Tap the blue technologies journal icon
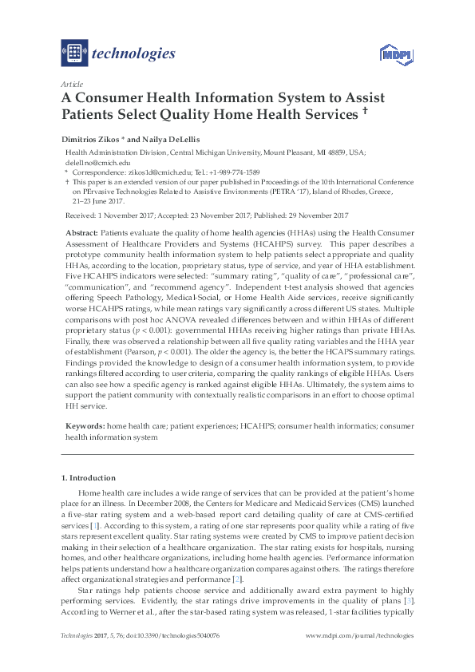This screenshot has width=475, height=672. click(x=74, y=53)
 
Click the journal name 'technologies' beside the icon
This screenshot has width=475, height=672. click(x=133, y=53)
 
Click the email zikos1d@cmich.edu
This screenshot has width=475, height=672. click(x=144, y=172)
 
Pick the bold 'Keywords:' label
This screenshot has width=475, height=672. click(x=85, y=427)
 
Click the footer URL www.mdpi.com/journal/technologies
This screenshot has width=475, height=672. click(x=360, y=635)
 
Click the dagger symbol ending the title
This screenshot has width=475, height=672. click(x=364, y=112)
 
